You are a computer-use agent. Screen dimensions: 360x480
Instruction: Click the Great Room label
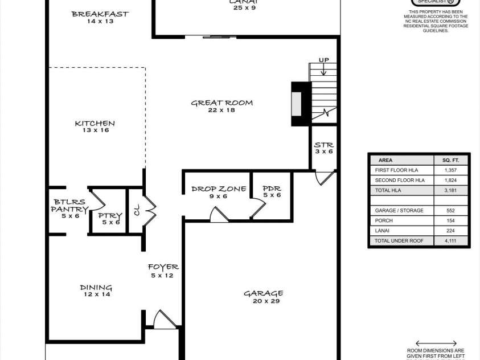point(221,103)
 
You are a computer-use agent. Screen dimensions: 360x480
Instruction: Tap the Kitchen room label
point(95,123)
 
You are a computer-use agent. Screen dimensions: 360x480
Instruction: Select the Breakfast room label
point(100,14)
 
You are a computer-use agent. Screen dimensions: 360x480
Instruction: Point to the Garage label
point(263,293)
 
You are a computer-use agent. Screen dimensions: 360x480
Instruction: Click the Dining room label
point(96,288)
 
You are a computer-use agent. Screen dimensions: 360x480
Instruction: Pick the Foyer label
point(163,267)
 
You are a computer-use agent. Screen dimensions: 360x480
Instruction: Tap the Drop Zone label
point(219,189)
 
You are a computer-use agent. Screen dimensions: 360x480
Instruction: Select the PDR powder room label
point(272,189)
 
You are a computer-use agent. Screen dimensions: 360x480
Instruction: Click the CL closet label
point(136,210)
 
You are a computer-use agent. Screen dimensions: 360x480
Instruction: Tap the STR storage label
point(323,145)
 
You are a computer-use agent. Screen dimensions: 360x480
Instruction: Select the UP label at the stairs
point(323,60)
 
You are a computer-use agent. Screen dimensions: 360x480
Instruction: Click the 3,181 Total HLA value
point(450,190)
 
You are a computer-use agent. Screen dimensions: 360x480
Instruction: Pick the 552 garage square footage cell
point(450,211)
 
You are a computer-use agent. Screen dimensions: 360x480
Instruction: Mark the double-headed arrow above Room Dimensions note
point(436,343)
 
